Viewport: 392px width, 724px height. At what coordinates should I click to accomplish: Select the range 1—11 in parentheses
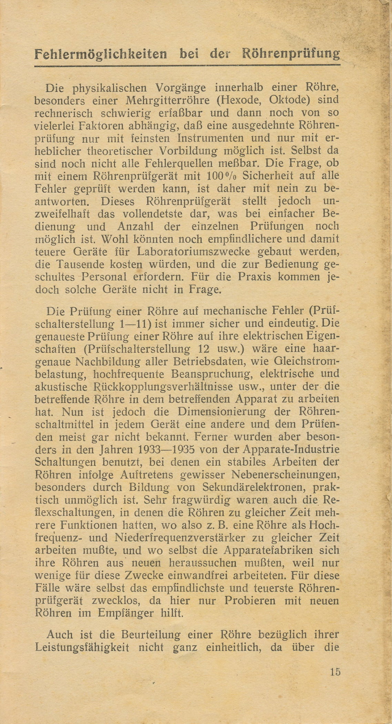pyautogui.click(x=141, y=324)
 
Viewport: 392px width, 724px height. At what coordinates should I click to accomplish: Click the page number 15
pyautogui.click(x=334, y=672)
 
